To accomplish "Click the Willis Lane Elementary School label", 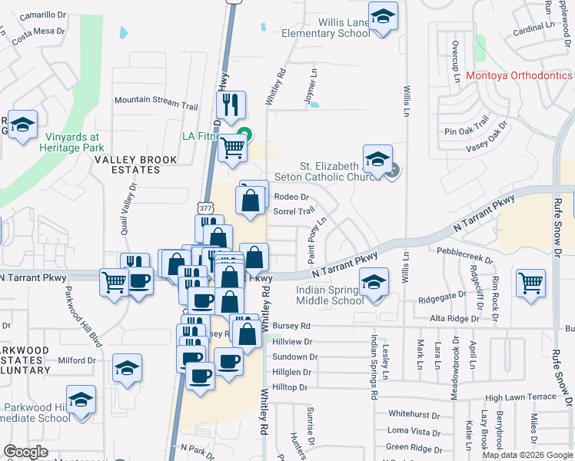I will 326,28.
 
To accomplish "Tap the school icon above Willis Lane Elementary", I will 383,16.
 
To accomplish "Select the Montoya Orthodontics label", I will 519,76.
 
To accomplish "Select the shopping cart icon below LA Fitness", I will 231,148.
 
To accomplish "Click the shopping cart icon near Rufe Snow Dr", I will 531,283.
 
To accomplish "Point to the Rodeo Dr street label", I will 291,197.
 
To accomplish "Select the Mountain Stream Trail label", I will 156,101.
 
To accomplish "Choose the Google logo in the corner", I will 25,452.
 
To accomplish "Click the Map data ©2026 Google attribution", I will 527,455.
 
